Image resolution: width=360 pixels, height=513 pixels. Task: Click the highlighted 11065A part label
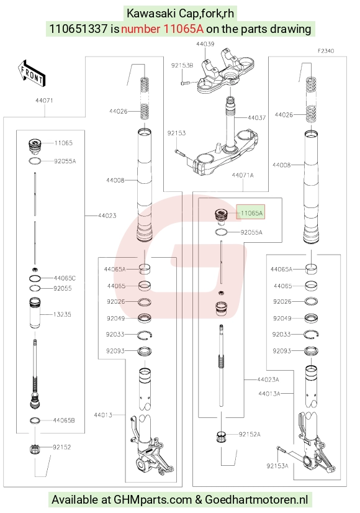click(x=251, y=213)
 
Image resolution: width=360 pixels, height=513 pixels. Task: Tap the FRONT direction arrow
click(x=32, y=73)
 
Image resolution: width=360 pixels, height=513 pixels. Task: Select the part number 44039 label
click(x=205, y=44)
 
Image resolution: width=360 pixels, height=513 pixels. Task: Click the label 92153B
click(x=182, y=65)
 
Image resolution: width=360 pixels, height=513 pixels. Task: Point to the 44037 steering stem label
click(x=257, y=117)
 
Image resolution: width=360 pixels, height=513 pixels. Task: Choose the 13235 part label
click(x=62, y=314)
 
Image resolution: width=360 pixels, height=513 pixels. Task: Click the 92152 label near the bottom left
click(x=62, y=447)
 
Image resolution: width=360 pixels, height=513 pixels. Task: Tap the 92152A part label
click(x=250, y=434)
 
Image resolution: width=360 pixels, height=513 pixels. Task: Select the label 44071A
click(x=243, y=175)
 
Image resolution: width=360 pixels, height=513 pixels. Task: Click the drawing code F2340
click(x=326, y=51)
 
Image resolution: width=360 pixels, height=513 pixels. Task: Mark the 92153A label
click(x=277, y=466)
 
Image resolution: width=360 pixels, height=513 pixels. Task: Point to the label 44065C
click(x=65, y=278)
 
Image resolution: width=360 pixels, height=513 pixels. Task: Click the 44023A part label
click(x=268, y=379)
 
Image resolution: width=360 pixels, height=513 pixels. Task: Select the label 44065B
click(x=64, y=420)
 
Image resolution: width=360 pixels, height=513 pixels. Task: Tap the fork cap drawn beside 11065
click(x=35, y=145)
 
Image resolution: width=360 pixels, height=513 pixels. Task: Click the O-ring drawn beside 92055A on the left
click(x=35, y=161)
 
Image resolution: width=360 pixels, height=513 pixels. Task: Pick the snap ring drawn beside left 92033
click(x=145, y=335)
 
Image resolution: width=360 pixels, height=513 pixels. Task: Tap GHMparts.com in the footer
click(x=152, y=499)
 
